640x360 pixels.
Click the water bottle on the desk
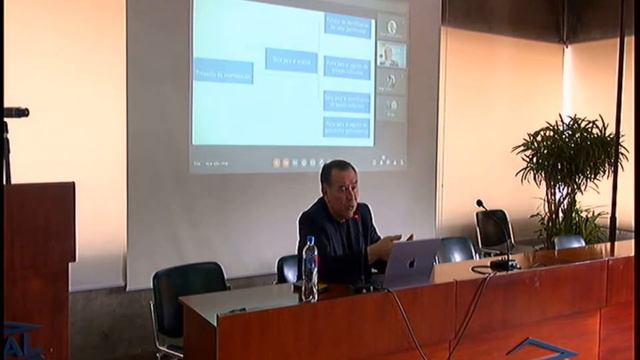(310, 270)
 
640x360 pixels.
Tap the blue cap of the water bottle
(310, 240)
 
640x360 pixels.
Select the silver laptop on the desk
(411, 262)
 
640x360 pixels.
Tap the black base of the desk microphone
(503, 265)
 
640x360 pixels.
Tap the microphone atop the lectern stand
(16, 112)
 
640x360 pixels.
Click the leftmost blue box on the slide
(223, 71)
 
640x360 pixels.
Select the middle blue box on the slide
(291, 59)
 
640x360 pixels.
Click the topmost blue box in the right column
(347, 25)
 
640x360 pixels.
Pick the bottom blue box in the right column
(347, 127)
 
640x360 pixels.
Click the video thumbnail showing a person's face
(391, 54)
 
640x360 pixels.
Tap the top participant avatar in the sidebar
(392, 27)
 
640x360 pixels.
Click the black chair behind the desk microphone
(493, 230)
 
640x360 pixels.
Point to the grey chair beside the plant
(569, 241)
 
